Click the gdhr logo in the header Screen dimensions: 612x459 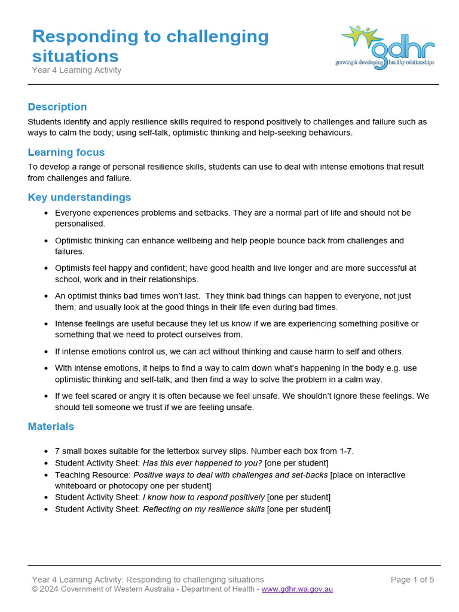coord(387,47)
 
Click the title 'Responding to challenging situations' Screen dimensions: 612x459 coord(150,46)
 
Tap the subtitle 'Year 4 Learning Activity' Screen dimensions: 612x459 coord(76,70)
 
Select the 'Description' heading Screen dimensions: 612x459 coord(57,107)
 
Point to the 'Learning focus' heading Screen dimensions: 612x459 coord(66,152)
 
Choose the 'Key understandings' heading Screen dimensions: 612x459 coord(79,197)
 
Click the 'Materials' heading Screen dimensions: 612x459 coord(51,426)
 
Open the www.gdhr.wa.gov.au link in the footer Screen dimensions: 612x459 coord(297,589)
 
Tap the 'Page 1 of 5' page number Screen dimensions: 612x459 coord(412,580)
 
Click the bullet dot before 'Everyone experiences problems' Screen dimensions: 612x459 coord(47,213)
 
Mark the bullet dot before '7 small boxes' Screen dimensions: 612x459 coord(47,452)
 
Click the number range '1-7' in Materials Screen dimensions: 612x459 coord(345,451)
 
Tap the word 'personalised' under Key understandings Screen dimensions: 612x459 coord(79,224)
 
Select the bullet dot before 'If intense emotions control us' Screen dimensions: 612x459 coord(47,352)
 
